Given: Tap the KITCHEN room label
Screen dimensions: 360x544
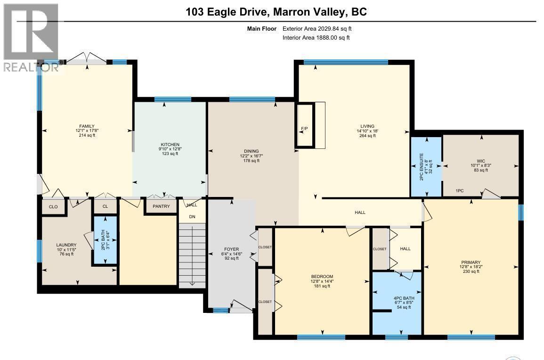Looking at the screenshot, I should [x=170, y=145].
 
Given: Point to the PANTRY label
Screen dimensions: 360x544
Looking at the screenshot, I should [x=161, y=206].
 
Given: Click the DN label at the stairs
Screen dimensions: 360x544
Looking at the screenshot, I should [x=192, y=217].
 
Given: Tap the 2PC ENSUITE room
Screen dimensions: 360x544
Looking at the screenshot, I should [x=426, y=166].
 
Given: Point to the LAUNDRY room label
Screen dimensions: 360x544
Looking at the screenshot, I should [x=66, y=245].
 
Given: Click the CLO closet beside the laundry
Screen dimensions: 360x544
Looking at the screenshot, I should [x=53, y=206].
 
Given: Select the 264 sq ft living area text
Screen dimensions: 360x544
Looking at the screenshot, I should [x=367, y=136].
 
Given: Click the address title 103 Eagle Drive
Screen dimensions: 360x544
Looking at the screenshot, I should [x=276, y=12].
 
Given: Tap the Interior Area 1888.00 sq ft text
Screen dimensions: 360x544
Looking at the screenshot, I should [x=316, y=38].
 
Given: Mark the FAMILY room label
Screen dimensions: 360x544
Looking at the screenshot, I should [x=87, y=126].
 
